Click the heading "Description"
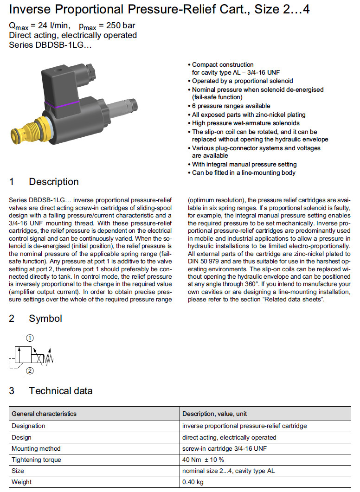(x=53, y=182)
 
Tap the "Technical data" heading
(x=60, y=391)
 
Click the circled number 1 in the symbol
(x=30, y=338)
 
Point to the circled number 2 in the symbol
(x=30, y=371)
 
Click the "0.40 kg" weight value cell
(x=193, y=482)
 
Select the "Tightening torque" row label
(x=36, y=460)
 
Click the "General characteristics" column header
(x=44, y=414)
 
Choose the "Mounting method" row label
(x=36, y=448)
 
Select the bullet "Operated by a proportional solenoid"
(x=243, y=81)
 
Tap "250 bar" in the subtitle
(x=120, y=26)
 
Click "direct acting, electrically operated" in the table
(x=229, y=437)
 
